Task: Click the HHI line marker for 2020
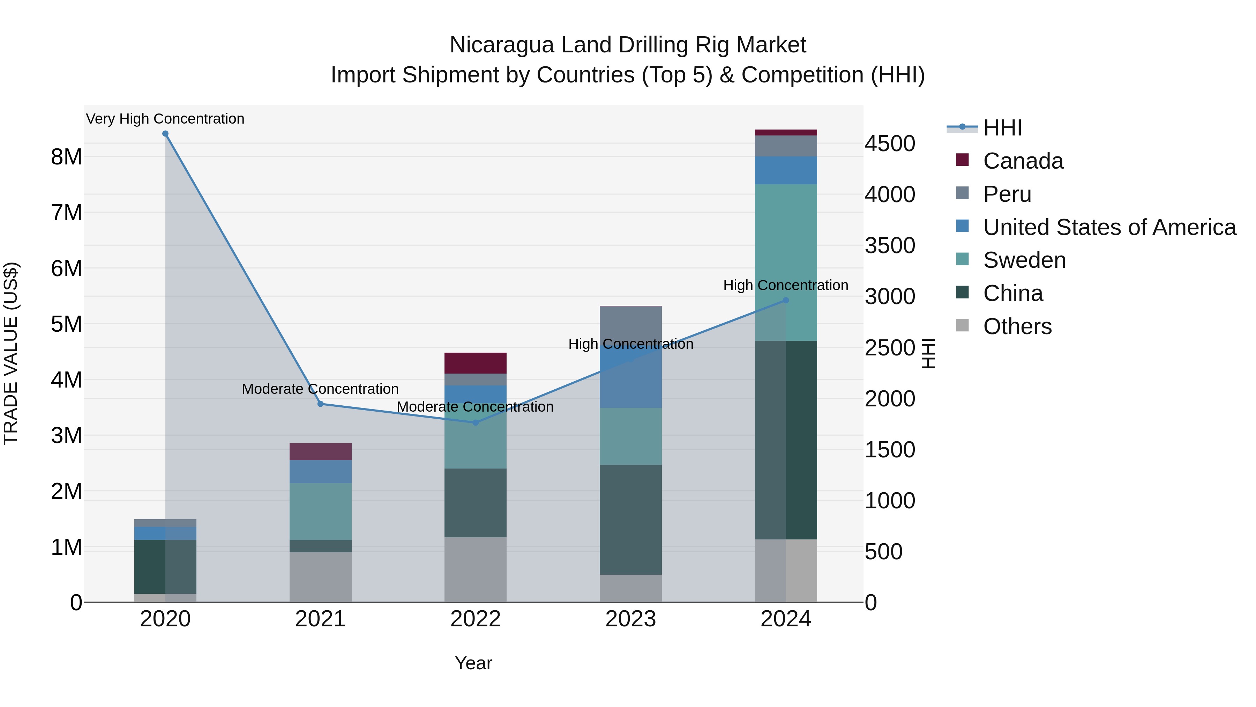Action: click(x=165, y=134)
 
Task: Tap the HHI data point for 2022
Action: click(x=476, y=422)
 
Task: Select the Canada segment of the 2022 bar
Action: click(x=476, y=363)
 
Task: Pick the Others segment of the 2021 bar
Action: click(x=320, y=577)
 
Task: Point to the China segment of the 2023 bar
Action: click(x=630, y=519)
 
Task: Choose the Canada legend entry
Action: click(x=1023, y=161)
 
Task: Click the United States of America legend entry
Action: click(x=1109, y=227)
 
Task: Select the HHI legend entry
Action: click(x=1002, y=128)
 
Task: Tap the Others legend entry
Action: click(x=1017, y=326)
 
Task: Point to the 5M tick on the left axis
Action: click(x=66, y=324)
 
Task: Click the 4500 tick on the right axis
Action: click(x=890, y=143)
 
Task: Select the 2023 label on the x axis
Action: click(x=630, y=619)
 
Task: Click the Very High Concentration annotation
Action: click(x=165, y=119)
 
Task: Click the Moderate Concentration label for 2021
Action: click(x=320, y=389)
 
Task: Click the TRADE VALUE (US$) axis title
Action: click(x=11, y=353)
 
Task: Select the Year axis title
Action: click(x=473, y=663)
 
